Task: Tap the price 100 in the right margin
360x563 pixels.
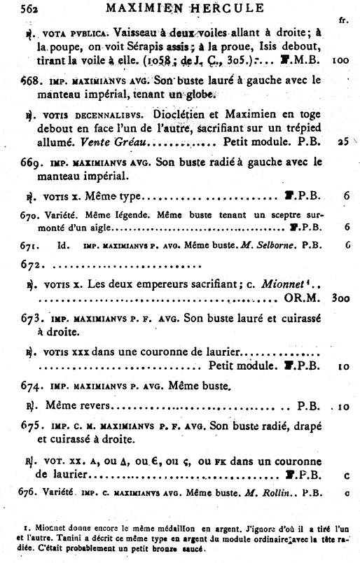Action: (340, 60)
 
